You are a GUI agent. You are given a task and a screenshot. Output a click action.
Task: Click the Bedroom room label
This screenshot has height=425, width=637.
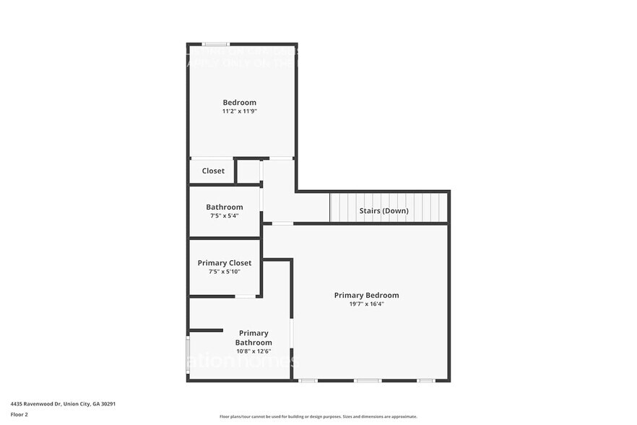tap(239, 103)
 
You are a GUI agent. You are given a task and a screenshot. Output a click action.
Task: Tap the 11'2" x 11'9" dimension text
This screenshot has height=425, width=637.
tap(239, 111)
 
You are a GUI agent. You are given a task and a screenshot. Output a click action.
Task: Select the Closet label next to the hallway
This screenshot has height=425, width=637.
tap(213, 171)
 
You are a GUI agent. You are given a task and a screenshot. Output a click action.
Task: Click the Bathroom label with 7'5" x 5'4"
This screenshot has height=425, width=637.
tap(224, 207)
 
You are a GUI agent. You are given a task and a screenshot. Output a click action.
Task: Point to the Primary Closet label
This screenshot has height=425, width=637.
tap(224, 263)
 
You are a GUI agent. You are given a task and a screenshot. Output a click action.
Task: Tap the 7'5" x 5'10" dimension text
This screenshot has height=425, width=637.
tap(224, 272)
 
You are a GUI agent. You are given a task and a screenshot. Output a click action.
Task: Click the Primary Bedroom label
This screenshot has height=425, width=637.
tap(366, 295)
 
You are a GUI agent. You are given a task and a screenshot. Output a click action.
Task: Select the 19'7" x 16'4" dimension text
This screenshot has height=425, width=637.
tap(366, 304)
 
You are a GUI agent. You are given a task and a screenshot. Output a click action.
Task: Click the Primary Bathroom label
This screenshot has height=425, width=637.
tap(253, 338)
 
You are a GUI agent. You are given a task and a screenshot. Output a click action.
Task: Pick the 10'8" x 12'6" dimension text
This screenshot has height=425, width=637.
tap(253, 351)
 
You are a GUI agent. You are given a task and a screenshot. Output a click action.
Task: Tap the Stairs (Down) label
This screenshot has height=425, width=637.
tap(383, 211)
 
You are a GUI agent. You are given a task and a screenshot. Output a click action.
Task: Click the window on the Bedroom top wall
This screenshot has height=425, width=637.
tap(215, 44)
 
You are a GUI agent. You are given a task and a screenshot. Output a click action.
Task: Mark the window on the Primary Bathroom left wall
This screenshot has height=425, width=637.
tap(188, 354)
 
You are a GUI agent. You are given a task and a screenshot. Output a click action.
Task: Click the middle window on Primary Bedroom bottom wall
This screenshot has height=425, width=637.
tap(367, 380)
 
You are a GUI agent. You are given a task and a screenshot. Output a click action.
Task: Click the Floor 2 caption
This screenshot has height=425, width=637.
tap(19, 414)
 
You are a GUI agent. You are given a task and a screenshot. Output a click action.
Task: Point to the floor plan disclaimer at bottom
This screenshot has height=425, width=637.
tap(318, 416)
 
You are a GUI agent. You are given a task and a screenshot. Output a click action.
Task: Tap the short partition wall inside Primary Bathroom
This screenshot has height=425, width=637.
tap(206, 330)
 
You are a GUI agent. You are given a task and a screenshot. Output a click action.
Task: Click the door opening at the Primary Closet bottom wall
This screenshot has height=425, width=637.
tap(246, 296)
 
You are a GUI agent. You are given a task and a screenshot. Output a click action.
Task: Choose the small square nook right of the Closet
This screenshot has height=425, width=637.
tap(248, 171)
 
